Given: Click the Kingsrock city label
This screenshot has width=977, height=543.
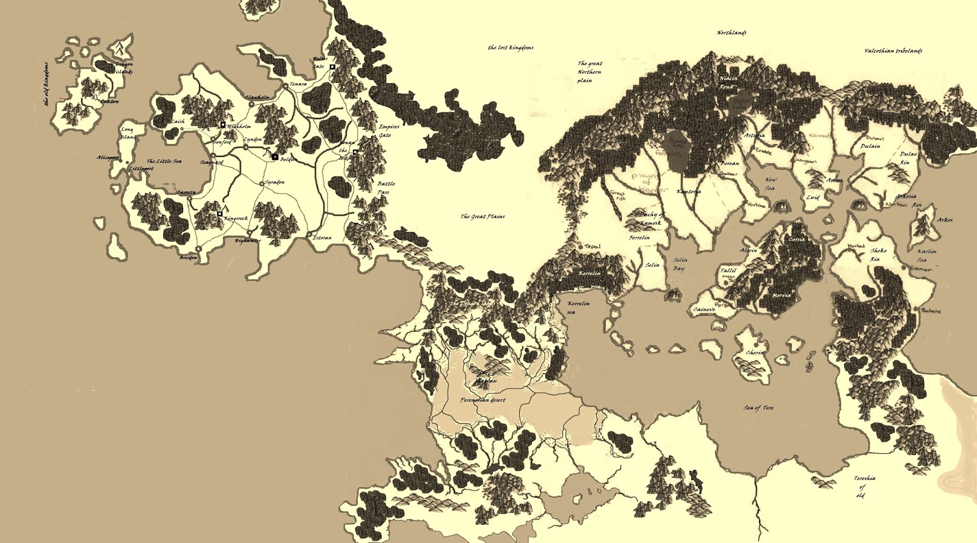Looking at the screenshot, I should click(236, 218).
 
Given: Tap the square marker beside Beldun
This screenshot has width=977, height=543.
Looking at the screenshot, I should click(275, 157).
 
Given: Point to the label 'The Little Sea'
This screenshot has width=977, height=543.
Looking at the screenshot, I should click(164, 161).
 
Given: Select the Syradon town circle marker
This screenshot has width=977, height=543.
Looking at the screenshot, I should click(262, 183).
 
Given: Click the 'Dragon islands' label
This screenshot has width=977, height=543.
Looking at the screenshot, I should click(124, 68).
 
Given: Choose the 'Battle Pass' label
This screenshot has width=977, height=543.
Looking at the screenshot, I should click(385, 188).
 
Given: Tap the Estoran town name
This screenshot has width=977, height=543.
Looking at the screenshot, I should click(322, 238).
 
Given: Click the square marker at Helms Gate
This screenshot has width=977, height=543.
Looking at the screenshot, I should click(333, 67).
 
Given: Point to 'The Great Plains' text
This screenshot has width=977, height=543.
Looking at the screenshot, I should click(482, 216).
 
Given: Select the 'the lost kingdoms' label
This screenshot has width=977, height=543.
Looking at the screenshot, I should click(510, 48).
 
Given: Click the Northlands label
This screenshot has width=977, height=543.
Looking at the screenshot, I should click(731, 33).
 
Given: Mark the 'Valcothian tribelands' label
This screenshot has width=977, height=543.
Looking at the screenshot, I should click(893, 51).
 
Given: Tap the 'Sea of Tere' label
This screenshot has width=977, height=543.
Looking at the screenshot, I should click(758, 407).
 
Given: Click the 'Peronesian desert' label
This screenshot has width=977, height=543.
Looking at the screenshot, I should click(482, 401).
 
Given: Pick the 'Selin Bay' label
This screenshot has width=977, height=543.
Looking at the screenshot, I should click(680, 264).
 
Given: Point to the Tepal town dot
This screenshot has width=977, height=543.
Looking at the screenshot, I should click(580, 246).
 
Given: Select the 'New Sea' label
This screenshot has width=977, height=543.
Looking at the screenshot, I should click(771, 184).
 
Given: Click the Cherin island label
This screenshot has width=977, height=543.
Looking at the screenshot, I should click(755, 352).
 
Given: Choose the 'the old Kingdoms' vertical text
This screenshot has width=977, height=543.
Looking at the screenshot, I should click(47, 84).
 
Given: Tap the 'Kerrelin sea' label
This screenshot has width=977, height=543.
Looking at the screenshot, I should click(577, 307).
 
